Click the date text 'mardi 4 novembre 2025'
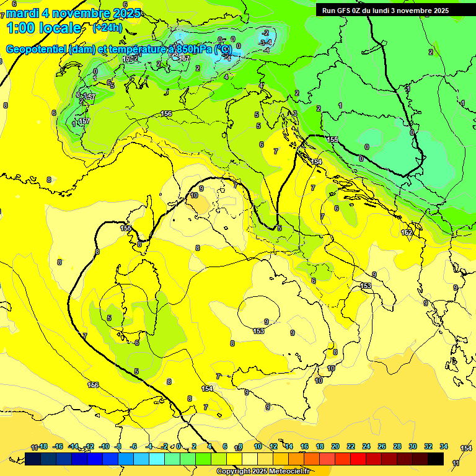pos(73,13)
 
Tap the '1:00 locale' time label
pos(43,28)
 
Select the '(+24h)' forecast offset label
pos(107,28)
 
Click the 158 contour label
pos(332,139)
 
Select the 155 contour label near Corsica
pos(126,228)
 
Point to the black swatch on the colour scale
pos(436,459)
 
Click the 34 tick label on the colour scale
pos(444,446)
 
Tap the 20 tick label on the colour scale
pos(335,446)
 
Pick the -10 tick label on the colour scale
pos(104,446)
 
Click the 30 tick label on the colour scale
pos(413,446)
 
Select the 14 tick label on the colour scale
pos(289,446)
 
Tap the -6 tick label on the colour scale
pos(134,446)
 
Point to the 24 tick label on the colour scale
pos(366,446)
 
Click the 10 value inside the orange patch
pos(194,195)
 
